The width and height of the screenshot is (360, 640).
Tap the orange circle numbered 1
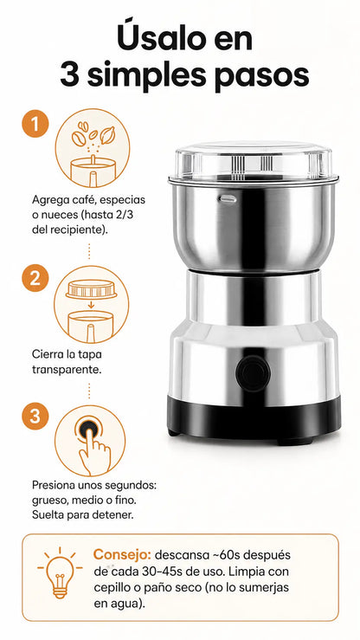tap(35, 124)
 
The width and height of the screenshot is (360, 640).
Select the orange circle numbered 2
tap(35, 278)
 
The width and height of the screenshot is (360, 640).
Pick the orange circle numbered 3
tap(35, 416)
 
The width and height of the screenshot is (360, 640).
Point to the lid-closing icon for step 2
tap(92, 305)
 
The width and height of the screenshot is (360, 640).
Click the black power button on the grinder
tap(253, 373)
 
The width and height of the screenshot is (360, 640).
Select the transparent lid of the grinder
tap(254, 161)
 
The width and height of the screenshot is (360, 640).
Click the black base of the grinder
tap(254, 419)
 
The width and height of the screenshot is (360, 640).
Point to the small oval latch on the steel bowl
tap(228, 199)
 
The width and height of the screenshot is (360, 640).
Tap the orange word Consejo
tap(122, 555)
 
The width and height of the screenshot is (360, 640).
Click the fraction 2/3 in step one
tap(125, 215)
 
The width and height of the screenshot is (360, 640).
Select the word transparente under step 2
tap(67, 370)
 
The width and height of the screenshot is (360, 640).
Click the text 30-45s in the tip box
tap(162, 571)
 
